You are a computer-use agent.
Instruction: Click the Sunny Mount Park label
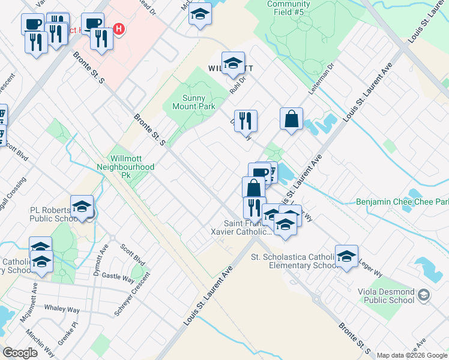(193, 102)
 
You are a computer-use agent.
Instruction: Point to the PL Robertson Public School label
(53, 215)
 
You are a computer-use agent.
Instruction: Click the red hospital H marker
(119, 29)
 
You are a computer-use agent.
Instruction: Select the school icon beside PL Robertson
(82, 208)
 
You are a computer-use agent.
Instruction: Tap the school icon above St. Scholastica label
(346, 257)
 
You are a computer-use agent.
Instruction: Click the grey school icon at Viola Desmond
(424, 295)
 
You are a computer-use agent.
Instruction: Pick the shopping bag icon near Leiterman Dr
(291, 119)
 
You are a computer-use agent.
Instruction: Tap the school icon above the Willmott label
(232, 64)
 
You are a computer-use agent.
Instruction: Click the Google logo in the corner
(20, 353)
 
